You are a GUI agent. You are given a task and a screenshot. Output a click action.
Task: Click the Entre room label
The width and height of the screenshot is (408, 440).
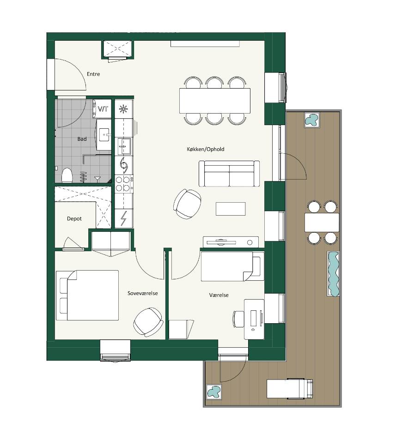(x=93, y=74)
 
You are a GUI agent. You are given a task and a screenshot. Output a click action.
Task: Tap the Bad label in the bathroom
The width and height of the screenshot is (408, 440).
(x=82, y=139)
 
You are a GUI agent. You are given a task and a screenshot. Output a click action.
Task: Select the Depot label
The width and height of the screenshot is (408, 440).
(x=74, y=218)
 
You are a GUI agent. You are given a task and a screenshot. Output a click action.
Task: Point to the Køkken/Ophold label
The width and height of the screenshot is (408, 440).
(x=206, y=149)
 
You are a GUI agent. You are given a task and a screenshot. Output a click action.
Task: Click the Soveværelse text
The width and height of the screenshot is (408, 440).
(x=143, y=293)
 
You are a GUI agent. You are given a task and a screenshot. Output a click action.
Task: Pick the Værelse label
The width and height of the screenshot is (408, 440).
(x=219, y=295)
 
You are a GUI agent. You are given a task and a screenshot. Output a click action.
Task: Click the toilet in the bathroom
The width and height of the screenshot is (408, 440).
(x=67, y=175)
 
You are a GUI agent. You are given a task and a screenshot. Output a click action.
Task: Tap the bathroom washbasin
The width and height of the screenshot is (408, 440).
(x=104, y=135)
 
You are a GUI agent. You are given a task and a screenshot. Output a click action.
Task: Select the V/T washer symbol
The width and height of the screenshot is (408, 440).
(x=102, y=108)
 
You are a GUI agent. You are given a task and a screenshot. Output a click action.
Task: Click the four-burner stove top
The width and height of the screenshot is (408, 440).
(x=124, y=183)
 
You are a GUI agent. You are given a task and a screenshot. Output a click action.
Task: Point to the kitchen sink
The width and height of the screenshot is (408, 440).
(x=124, y=146)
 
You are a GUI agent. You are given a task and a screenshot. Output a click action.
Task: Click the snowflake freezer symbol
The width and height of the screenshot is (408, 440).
(x=123, y=109)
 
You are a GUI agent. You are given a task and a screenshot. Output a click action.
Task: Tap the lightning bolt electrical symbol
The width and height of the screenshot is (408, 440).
(x=123, y=218)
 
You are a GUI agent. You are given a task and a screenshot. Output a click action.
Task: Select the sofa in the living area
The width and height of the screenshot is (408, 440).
(x=229, y=174)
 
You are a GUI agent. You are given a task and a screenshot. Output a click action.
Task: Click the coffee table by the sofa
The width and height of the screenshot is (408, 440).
(x=231, y=209)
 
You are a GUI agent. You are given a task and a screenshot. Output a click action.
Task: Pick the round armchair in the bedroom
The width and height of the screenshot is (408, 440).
(x=148, y=322)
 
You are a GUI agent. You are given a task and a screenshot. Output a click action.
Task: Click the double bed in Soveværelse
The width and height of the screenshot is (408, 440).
(x=87, y=295)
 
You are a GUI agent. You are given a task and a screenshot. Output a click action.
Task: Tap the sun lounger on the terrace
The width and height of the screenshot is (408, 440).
(x=290, y=389)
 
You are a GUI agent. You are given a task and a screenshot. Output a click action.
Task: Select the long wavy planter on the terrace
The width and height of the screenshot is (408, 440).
(x=334, y=274)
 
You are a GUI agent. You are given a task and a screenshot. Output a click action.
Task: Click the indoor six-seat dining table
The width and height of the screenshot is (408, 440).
(x=215, y=101)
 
